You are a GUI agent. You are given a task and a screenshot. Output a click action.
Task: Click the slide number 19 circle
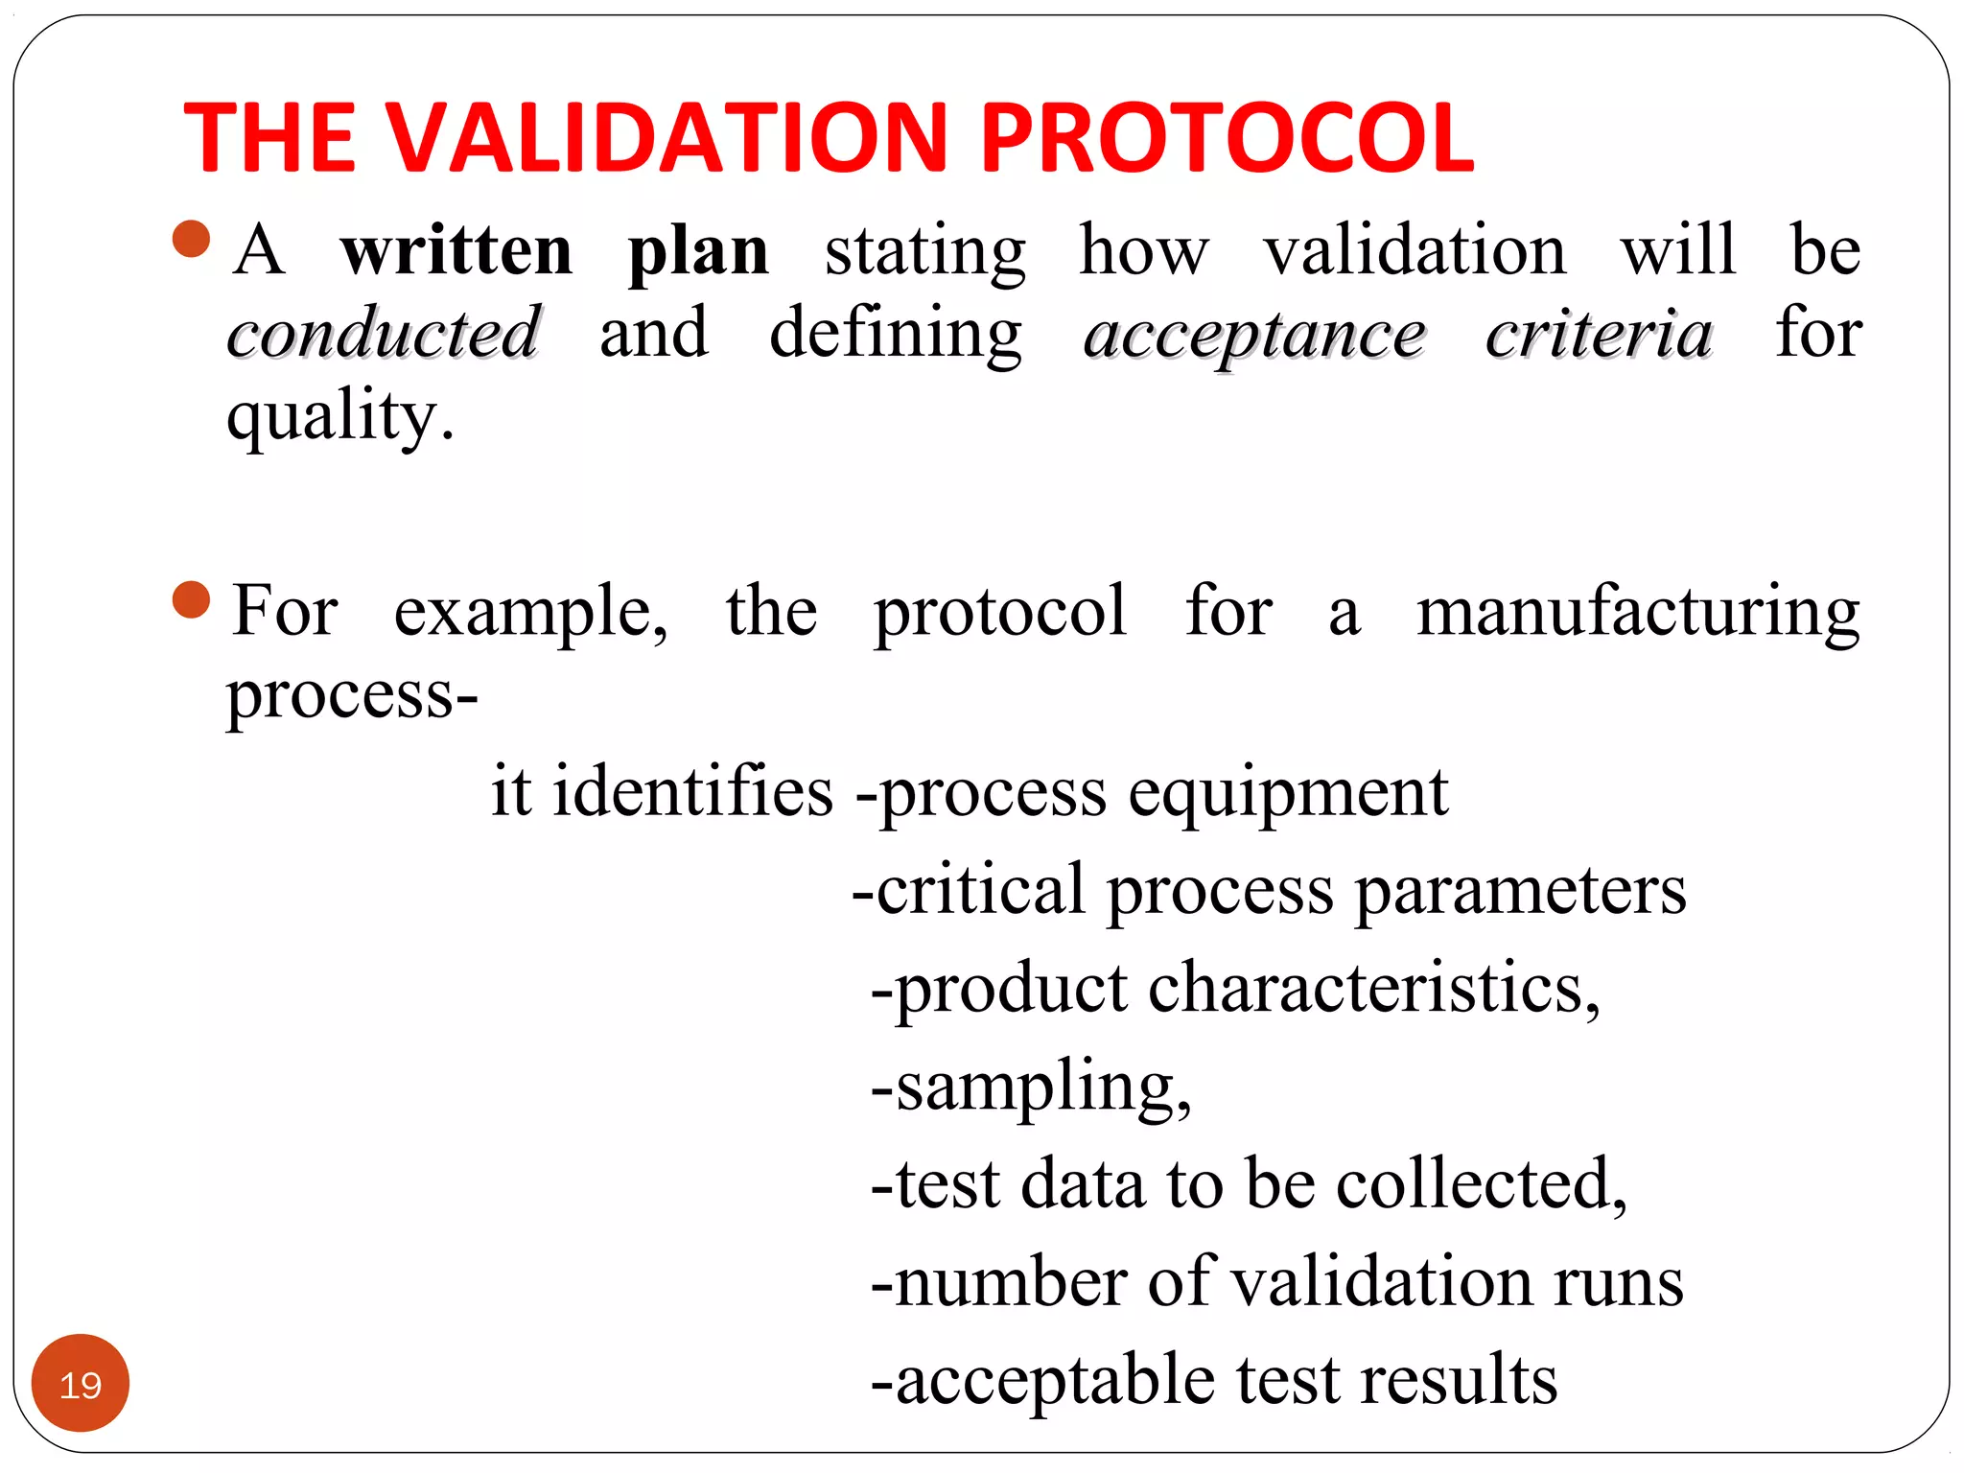pyautogui.click(x=81, y=1384)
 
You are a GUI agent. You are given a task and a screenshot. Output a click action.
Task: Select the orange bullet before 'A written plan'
pyautogui.click(x=192, y=240)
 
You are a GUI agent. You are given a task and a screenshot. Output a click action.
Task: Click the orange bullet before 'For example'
pyautogui.click(x=192, y=600)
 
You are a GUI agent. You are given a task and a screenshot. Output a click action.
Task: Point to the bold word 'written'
pyautogui.click(x=456, y=251)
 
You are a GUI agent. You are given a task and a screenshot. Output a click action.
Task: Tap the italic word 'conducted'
pyautogui.click(x=384, y=333)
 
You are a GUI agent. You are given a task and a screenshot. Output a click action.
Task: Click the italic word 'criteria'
pyautogui.click(x=1599, y=334)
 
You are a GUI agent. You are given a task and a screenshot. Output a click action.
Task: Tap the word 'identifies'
pyautogui.click(x=692, y=792)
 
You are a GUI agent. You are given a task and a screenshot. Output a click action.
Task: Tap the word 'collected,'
pyautogui.click(x=1482, y=1185)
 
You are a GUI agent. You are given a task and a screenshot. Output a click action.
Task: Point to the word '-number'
pyautogui.click(x=997, y=1282)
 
